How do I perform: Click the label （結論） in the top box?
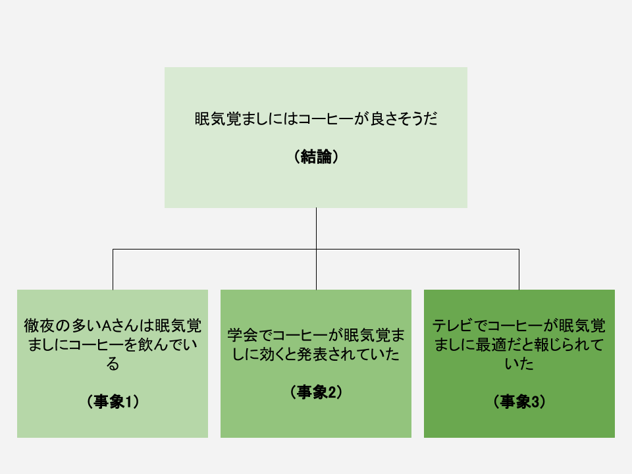(x=316, y=157)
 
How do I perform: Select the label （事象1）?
(x=113, y=402)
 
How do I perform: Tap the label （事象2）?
(x=316, y=392)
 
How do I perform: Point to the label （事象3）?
(x=519, y=402)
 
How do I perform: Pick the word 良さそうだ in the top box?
(x=404, y=119)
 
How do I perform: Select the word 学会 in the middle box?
(x=242, y=335)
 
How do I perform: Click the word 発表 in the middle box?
(x=312, y=354)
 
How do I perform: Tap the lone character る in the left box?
(x=113, y=364)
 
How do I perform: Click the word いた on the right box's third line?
(x=519, y=364)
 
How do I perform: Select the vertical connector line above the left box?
(x=113, y=269)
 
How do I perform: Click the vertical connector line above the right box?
(x=519, y=269)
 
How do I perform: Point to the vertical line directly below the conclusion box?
(x=317, y=228)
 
